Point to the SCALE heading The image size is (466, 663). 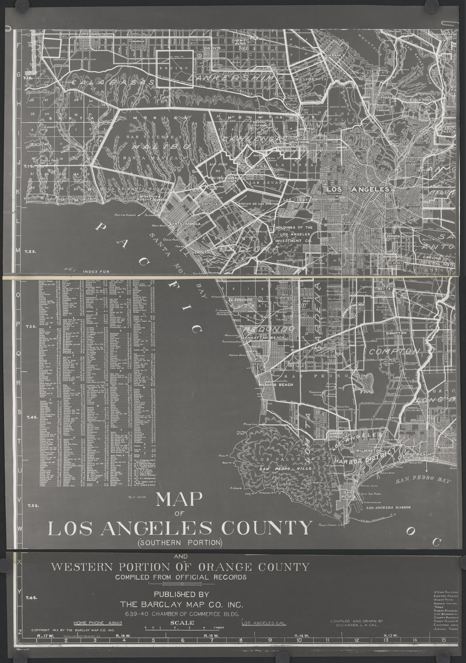182,623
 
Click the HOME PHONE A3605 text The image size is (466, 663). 98,623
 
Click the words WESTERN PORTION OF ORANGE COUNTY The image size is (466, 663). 180,567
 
